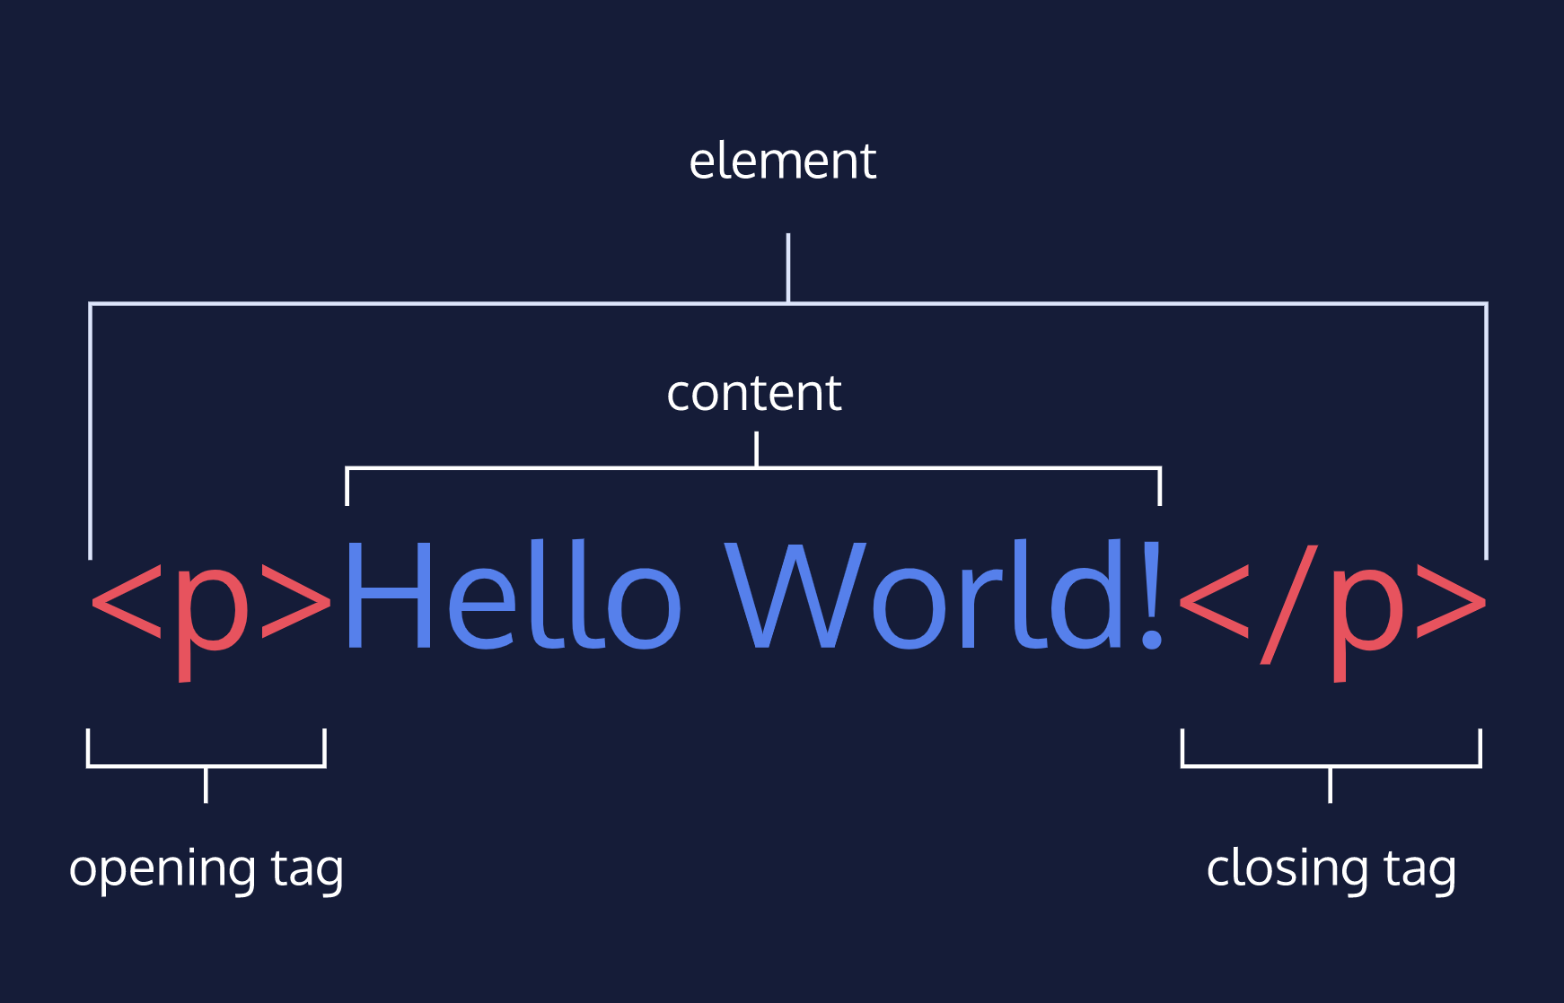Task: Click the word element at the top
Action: click(782, 161)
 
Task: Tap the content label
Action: click(753, 394)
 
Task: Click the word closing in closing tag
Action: click(1287, 869)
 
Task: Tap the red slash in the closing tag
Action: click(1290, 603)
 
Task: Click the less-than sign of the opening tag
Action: click(126, 601)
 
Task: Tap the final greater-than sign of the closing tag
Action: click(1451, 601)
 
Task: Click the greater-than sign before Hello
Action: click(296, 601)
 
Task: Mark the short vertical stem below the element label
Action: click(788, 267)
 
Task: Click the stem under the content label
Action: click(757, 449)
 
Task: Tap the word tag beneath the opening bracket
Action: click(307, 869)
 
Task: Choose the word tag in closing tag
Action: click(1419, 869)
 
